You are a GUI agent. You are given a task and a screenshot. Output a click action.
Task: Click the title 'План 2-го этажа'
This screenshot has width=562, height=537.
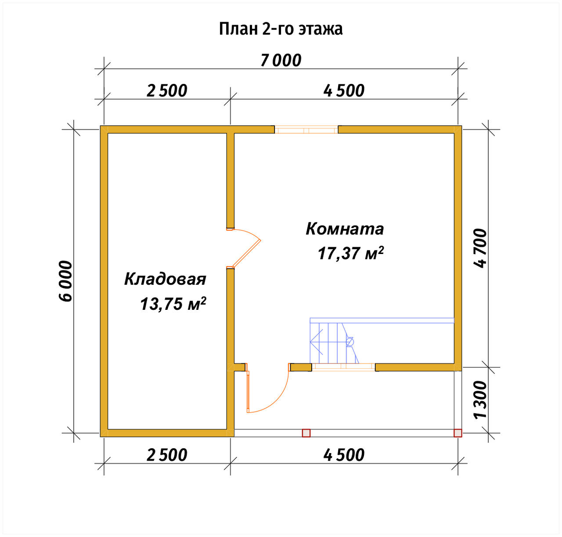point(281,29)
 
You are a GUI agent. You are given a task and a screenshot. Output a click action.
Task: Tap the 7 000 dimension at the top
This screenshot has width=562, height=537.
point(281,61)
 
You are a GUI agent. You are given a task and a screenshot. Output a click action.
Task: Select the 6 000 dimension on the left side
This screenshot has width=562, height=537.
point(66,281)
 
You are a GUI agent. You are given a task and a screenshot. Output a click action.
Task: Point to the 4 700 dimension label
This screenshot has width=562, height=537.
point(480,249)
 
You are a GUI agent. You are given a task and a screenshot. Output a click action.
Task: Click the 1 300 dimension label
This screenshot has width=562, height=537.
point(480,400)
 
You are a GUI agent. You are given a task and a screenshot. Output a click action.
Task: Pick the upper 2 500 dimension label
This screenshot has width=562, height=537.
point(167,91)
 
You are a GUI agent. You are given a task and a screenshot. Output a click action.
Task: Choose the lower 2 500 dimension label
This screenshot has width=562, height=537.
point(167,455)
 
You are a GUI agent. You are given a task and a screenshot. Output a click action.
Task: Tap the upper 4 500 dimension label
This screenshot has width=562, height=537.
point(344,91)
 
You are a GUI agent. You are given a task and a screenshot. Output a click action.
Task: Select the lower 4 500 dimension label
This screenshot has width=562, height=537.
point(344,455)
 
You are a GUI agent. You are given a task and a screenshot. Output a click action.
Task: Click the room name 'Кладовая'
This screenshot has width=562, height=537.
point(165,279)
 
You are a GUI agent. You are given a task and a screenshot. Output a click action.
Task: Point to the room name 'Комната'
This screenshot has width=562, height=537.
point(345,229)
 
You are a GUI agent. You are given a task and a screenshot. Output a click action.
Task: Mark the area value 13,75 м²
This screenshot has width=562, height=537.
point(173,304)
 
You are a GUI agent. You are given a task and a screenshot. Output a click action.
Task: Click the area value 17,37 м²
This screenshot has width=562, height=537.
point(351,253)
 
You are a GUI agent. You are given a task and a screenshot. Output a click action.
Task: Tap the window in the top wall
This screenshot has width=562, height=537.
point(306,130)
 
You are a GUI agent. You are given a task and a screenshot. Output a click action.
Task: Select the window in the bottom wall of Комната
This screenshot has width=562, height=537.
point(343,367)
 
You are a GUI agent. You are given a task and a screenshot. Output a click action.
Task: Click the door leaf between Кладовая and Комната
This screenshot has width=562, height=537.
point(247,254)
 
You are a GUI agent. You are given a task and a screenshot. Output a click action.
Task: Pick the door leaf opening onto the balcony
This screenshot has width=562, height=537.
point(248,392)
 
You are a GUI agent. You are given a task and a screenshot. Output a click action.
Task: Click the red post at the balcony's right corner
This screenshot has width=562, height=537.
point(458,433)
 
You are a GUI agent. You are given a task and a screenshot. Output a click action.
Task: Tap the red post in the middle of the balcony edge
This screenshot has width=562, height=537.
point(306,433)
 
